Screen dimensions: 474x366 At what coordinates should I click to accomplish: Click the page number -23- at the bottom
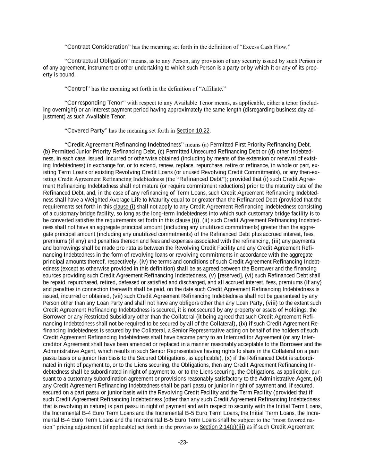(183, 442)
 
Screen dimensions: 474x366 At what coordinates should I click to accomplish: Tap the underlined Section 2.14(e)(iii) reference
(222, 427)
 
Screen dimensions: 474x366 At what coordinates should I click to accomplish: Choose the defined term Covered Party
(86, 131)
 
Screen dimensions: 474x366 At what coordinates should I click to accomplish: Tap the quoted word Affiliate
(212, 89)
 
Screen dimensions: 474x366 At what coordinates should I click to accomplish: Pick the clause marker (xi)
(318, 379)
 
